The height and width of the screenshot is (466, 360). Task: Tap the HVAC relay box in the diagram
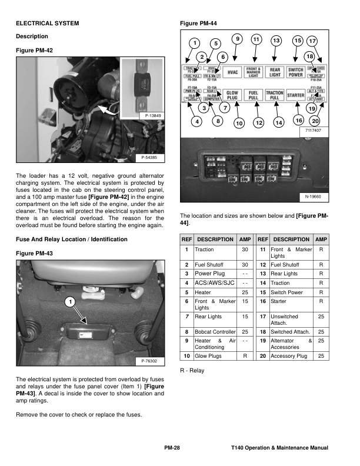(234, 72)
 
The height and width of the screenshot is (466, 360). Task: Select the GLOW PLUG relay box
(233, 94)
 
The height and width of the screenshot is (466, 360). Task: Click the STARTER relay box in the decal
(295, 95)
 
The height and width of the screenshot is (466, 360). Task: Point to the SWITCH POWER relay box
(295, 72)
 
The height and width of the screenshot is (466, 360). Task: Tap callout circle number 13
(276, 41)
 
